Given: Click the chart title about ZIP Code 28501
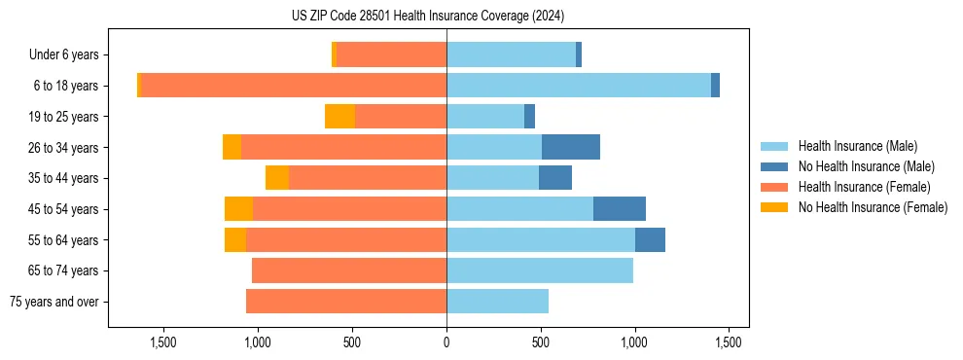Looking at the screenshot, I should [x=428, y=17].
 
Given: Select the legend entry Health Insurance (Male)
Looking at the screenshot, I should [x=857, y=146].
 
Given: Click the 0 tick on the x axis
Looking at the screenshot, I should [x=446, y=342].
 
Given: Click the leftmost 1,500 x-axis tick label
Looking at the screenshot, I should [x=163, y=342].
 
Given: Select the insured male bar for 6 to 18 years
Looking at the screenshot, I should [x=579, y=86].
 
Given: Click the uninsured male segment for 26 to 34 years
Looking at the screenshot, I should [x=571, y=147].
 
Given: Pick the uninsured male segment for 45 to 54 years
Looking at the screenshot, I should [x=620, y=209].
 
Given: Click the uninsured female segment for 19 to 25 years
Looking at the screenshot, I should [x=339, y=117].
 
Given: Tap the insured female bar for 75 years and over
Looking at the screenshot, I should [x=346, y=302].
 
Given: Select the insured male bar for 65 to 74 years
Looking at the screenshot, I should [x=540, y=270].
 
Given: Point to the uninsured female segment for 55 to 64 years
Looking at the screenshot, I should [x=235, y=239].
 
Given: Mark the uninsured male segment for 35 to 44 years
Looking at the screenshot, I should [x=555, y=178].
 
